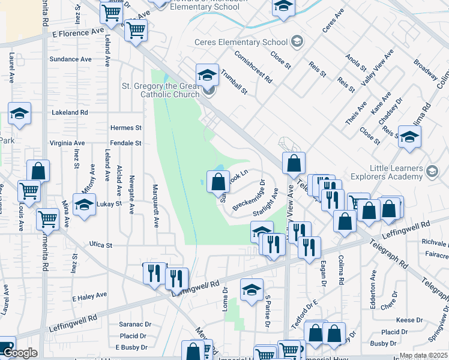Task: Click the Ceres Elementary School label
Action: [x=241, y=42]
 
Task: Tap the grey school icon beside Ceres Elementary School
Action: [x=296, y=41]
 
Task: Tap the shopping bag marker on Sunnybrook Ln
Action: [x=218, y=181]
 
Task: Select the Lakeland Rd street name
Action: [x=70, y=112]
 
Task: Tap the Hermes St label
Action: [x=125, y=128]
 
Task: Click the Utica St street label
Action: [x=100, y=245]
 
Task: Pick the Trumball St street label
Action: [x=234, y=81]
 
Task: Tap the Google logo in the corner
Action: [x=19, y=353]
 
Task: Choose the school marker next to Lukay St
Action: [x=85, y=205]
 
